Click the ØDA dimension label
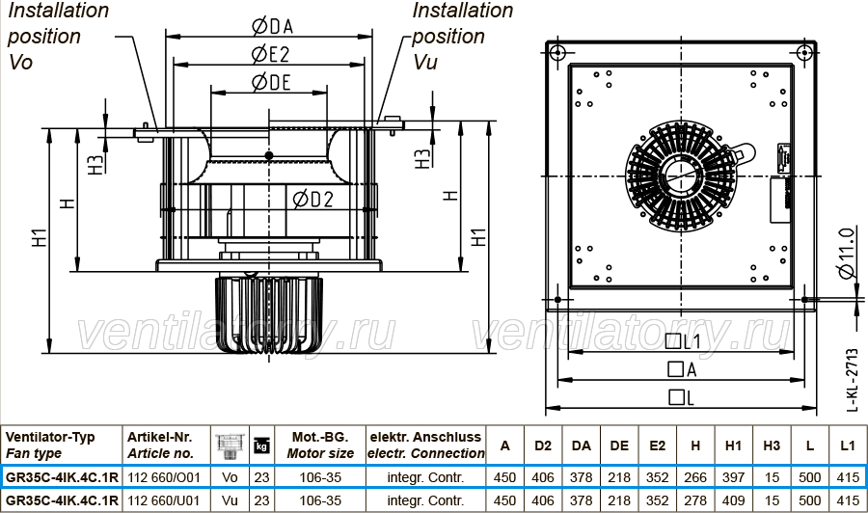[x=272, y=26]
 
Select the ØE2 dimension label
[x=271, y=54]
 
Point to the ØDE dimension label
[x=271, y=83]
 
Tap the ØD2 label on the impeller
[x=312, y=200]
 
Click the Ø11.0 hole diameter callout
[x=847, y=253]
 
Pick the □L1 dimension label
[x=683, y=341]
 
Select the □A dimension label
[x=682, y=369]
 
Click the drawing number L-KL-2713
[x=853, y=380]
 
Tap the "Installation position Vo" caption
[x=58, y=36]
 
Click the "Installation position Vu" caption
[x=462, y=36]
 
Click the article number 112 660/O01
[x=164, y=477]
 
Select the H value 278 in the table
[x=695, y=500]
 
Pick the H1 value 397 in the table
[x=734, y=477]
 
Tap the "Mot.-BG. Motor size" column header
[x=320, y=445]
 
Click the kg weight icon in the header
[x=261, y=445]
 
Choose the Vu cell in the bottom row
[x=230, y=500]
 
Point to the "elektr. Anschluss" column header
[x=425, y=437]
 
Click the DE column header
[x=619, y=446]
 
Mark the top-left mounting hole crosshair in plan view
[x=557, y=53]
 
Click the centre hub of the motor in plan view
[x=680, y=175]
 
